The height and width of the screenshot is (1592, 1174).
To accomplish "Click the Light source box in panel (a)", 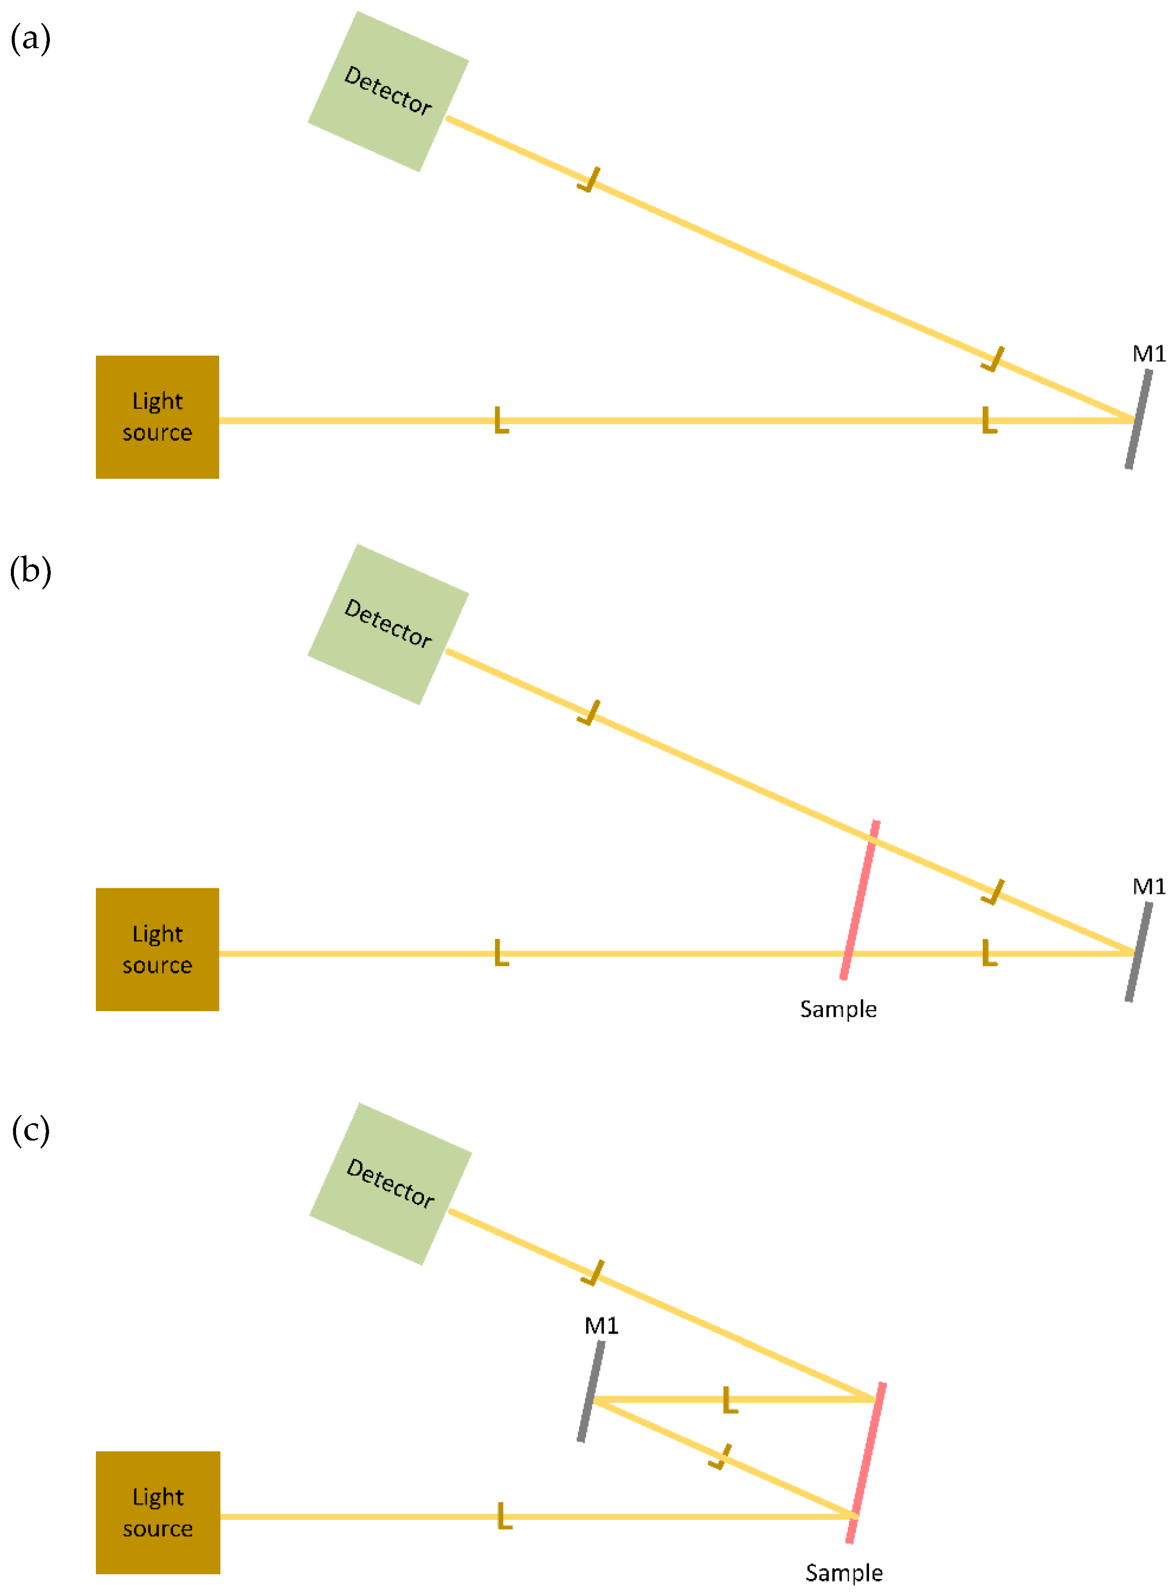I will (x=157, y=417).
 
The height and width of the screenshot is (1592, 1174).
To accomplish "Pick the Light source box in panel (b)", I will (x=157, y=949).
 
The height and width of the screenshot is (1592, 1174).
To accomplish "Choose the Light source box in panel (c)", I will (x=158, y=1513).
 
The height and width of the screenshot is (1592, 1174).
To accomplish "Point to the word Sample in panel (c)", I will (x=843, y=1573).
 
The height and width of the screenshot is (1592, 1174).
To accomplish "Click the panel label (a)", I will (x=30, y=38).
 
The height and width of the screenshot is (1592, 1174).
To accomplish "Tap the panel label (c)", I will (x=30, y=1130).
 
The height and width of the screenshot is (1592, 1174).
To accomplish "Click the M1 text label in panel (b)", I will (x=1148, y=886).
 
